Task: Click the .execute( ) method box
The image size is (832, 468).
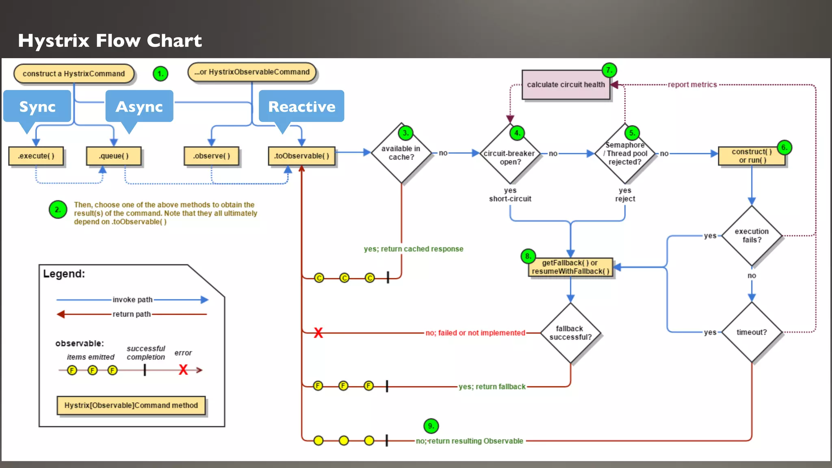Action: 36,156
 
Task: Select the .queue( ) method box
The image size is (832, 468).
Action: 114,156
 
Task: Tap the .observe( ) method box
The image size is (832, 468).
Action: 211,156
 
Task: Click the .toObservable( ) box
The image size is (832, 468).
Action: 301,156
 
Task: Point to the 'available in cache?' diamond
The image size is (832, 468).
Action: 401,153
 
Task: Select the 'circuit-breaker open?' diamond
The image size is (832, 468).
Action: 510,157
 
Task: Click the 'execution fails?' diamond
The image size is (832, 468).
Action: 752,236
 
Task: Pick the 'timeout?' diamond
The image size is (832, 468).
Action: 752,332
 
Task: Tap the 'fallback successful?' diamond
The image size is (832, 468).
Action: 570,333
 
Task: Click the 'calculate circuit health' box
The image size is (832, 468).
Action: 566,84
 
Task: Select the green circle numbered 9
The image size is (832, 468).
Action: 431,426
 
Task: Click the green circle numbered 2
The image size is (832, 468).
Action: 58,210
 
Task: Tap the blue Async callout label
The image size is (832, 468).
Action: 139,106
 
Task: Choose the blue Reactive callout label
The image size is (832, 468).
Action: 301,106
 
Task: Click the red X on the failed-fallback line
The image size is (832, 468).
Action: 318,333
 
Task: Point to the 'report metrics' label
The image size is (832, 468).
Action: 692,84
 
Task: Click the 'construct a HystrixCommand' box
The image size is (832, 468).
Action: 74,74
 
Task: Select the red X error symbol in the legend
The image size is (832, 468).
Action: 183,370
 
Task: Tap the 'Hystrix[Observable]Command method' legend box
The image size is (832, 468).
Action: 131,405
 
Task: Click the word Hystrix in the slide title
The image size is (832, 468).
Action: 54,41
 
